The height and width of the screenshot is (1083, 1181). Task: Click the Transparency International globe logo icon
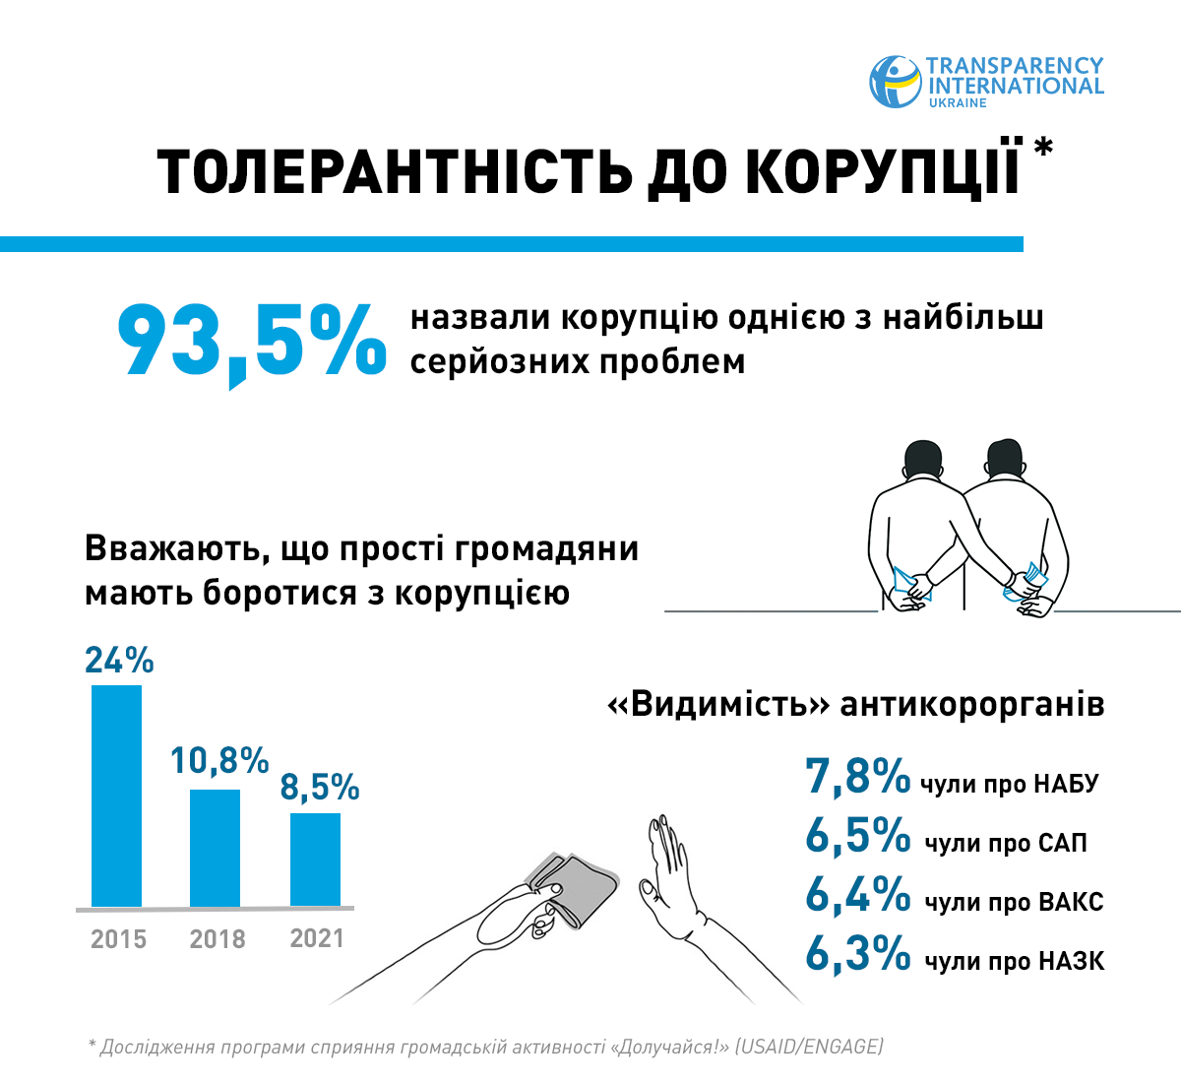coord(894,81)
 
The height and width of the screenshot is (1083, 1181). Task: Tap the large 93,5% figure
coord(252,341)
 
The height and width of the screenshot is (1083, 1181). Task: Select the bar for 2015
coord(116,796)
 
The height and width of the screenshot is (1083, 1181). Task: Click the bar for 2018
coord(215,848)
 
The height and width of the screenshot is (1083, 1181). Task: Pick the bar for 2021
coord(315,860)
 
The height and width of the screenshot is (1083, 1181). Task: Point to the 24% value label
coord(119,661)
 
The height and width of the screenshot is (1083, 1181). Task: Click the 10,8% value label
coord(219,760)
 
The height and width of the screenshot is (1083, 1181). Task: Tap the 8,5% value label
coord(320,788)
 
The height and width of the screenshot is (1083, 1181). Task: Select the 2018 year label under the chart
coord(218,939)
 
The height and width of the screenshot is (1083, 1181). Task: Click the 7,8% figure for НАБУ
coord(857,777)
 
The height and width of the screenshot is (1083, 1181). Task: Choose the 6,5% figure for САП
coord(857,836)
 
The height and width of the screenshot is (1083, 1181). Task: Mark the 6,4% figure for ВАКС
coord(857,895)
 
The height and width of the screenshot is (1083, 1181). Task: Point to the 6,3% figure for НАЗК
coord(857,954)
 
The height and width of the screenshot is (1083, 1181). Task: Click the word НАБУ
coord(1065,785)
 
